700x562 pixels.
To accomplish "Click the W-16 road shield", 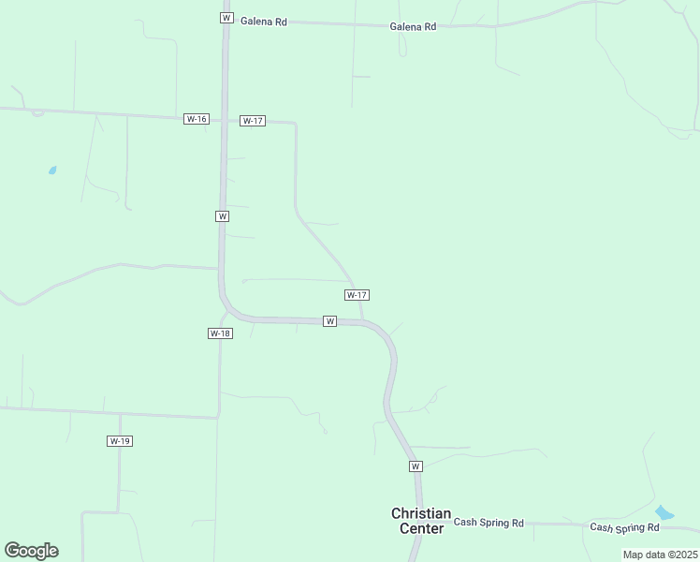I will click(197, 119).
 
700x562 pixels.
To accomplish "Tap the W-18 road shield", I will click(220, 333).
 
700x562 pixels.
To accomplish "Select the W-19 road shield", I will click(119, 441).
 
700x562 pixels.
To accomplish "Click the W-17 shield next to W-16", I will click(253, 121).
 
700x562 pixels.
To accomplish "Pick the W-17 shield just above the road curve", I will click(357, 295).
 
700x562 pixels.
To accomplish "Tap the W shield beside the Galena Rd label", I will click(226, 18).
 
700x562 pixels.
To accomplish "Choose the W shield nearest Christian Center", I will click(416, 466).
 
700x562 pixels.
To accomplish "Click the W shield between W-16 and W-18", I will click(222, 216).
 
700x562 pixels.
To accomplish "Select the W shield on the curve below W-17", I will click(329, 321).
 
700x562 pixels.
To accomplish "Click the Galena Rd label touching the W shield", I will click(264, 21).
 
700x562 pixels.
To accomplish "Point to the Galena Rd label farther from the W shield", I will click(413, 27).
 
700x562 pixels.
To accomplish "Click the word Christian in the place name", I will click(421, 514).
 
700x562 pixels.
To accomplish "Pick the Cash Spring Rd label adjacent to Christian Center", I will click(489, 523).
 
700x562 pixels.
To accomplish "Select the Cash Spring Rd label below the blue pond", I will click(624, 527).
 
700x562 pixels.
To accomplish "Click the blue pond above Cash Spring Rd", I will click(664, 512).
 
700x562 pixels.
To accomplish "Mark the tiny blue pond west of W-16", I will click(51, 170).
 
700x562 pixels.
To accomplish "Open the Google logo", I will click(31, 551).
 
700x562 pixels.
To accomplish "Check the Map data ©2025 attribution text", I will click(660, 555).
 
